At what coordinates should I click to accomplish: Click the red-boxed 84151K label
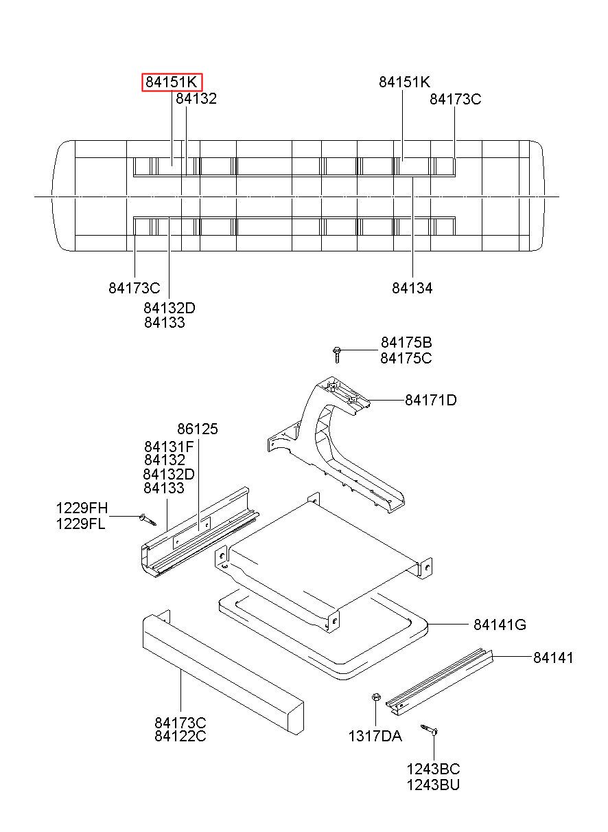(172, 82)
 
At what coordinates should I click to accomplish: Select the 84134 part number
(412, 289)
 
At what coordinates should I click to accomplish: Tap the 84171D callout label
(430, 400)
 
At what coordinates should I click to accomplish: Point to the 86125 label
(197, 429)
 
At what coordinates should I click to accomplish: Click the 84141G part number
(500, 625)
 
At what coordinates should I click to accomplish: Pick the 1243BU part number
(433, 784)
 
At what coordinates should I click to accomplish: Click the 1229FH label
(82, 508)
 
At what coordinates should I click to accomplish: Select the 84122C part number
(180, 737)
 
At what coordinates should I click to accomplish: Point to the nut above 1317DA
(376, 698)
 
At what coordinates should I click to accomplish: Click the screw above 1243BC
(431, 730)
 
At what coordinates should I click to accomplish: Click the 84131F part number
(169, 446)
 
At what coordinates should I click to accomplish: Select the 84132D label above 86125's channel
(169, 474)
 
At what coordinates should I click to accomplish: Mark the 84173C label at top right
(455, 99)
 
